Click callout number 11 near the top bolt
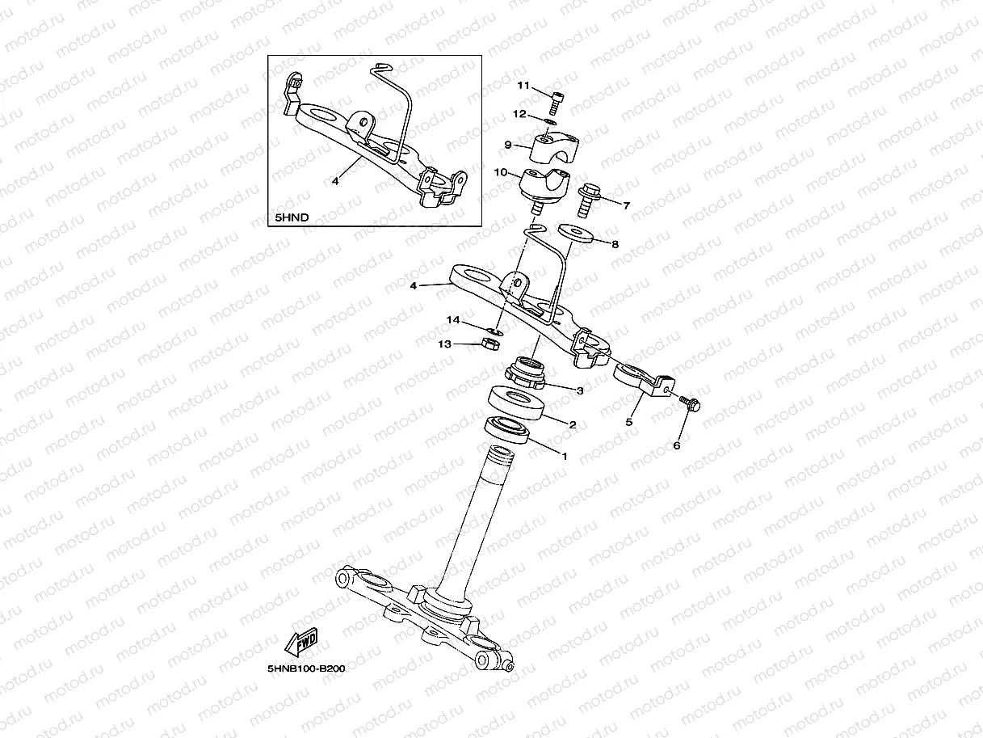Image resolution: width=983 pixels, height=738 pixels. coord(523,86)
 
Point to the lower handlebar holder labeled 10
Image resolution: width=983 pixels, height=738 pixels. coord(545,185)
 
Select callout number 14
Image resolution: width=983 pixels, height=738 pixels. coord(455,321)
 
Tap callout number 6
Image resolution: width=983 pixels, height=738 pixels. coord(677,445)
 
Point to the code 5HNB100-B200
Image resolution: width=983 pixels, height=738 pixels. coord(306,669)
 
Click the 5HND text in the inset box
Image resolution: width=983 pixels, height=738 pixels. coord(292,217)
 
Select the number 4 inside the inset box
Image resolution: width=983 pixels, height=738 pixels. coord(335,182)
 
